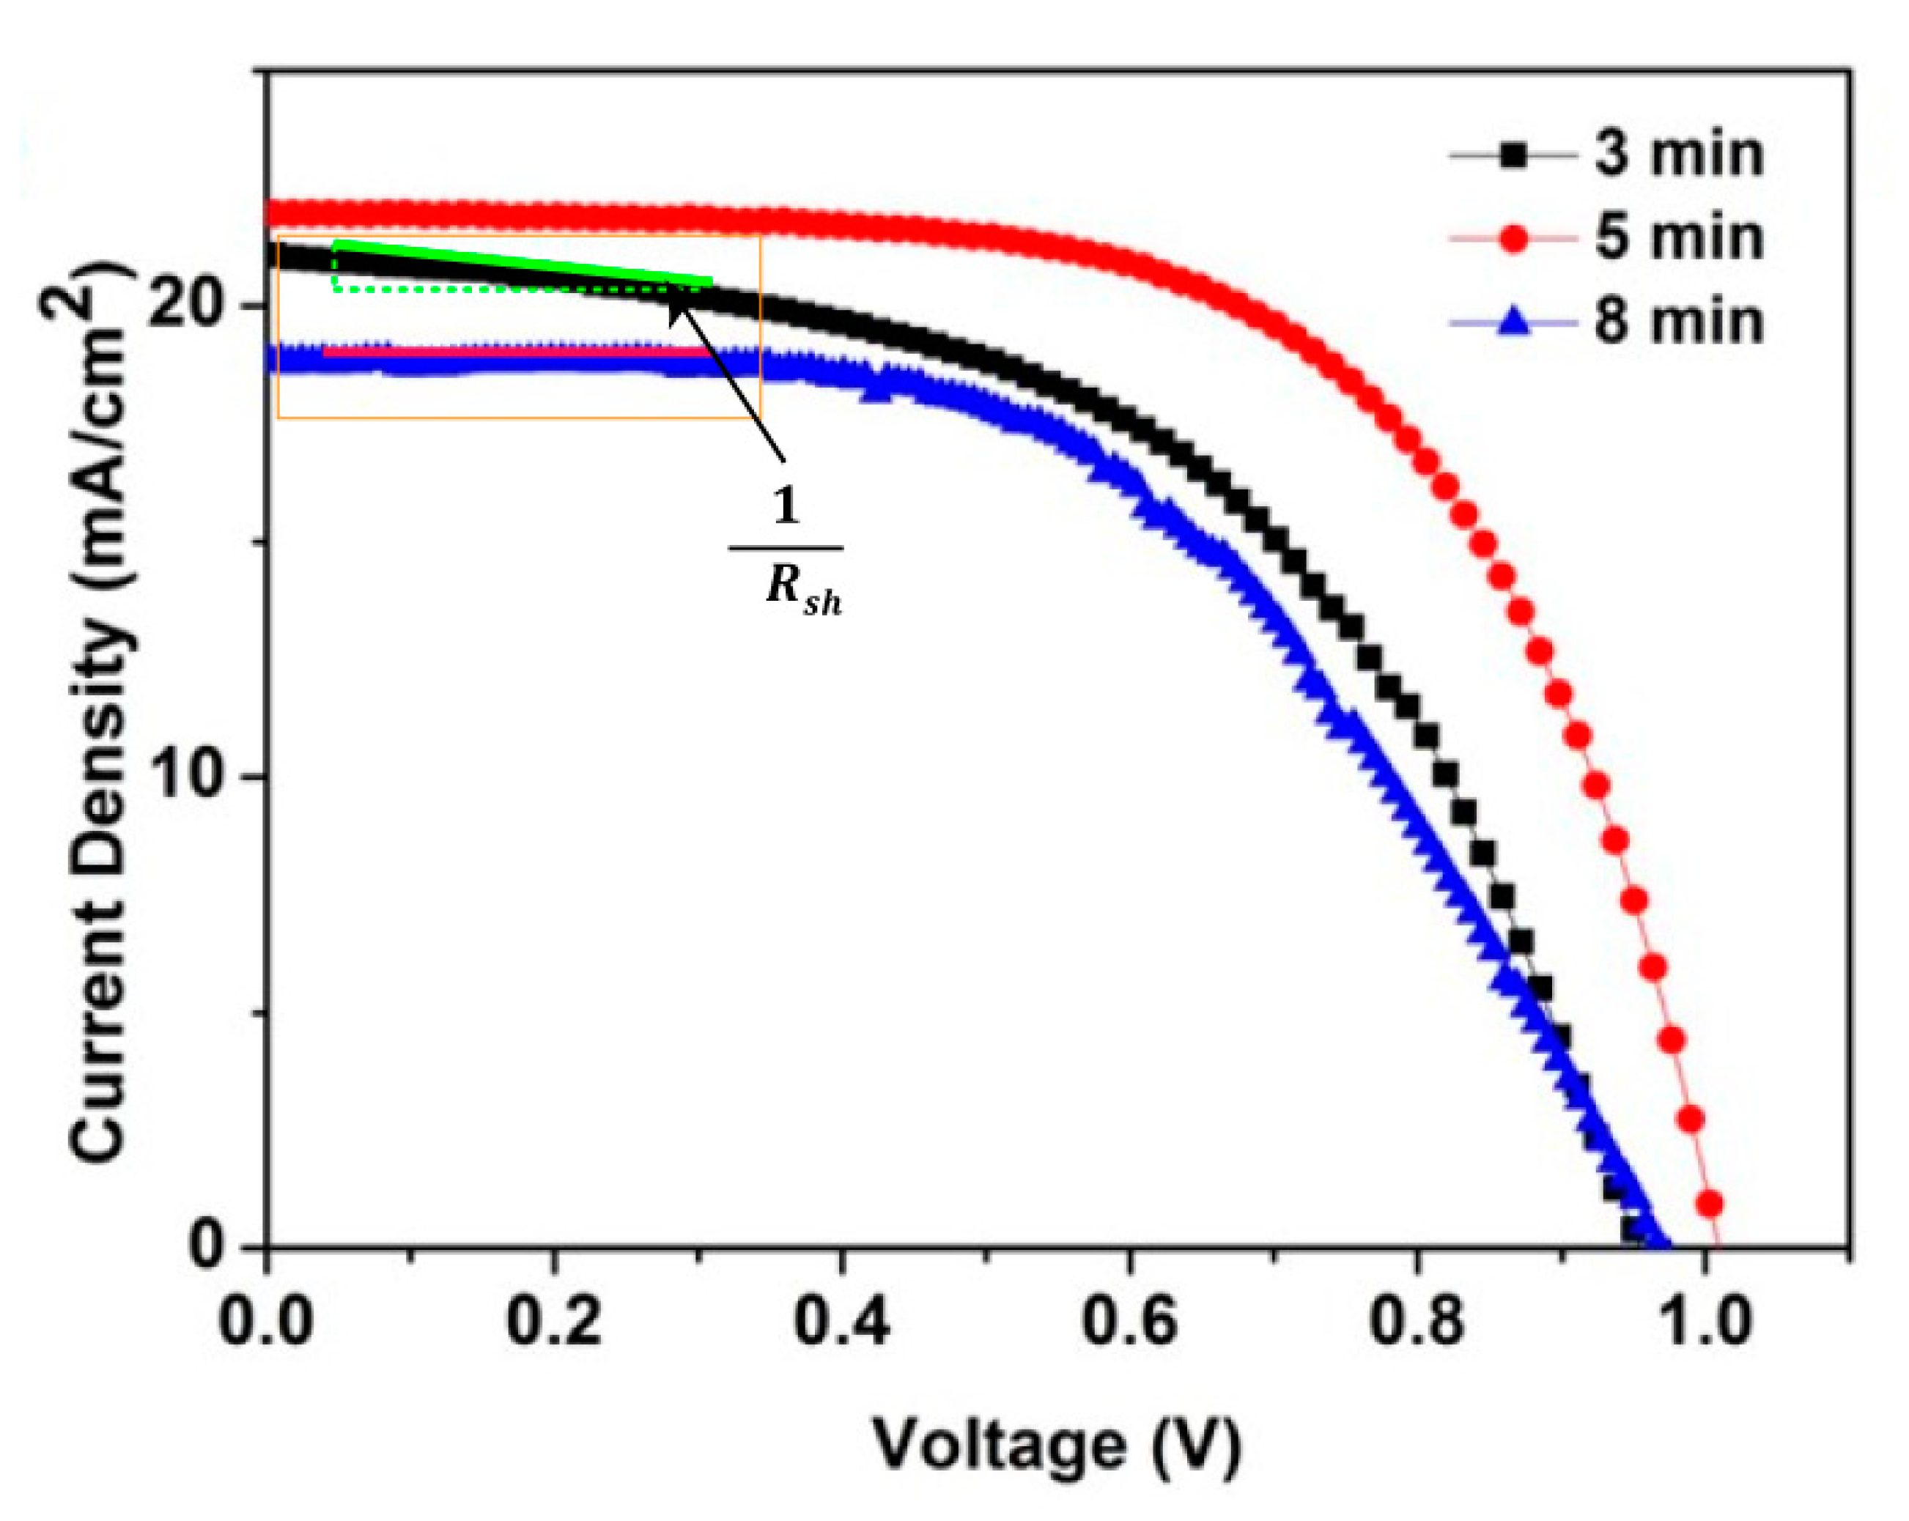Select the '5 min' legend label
pyautogui.click(x=1679, y=238)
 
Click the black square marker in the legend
pyautogui.click(x=1514, y=156)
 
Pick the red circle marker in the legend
pyautogui.click(x=1514, y=238)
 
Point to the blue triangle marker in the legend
pyautogui.click(x=1514, y=322)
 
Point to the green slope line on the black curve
pyautogui.click(x=523, y=263)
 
